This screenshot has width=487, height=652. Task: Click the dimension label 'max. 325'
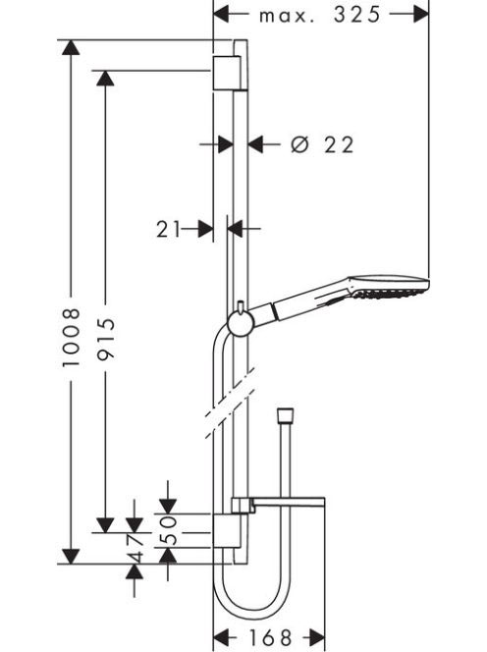click(x=319, y=15)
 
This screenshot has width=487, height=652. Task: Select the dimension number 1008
click(x=71, y=337)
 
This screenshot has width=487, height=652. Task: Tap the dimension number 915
click(x=105, y=339)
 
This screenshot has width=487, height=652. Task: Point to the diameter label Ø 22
click(x=322, y=144)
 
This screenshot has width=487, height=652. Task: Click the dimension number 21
click(x=169, y=229)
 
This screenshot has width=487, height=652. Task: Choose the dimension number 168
click(x=270, y=637)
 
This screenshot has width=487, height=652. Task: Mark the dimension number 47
click(x=135, y=548)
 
